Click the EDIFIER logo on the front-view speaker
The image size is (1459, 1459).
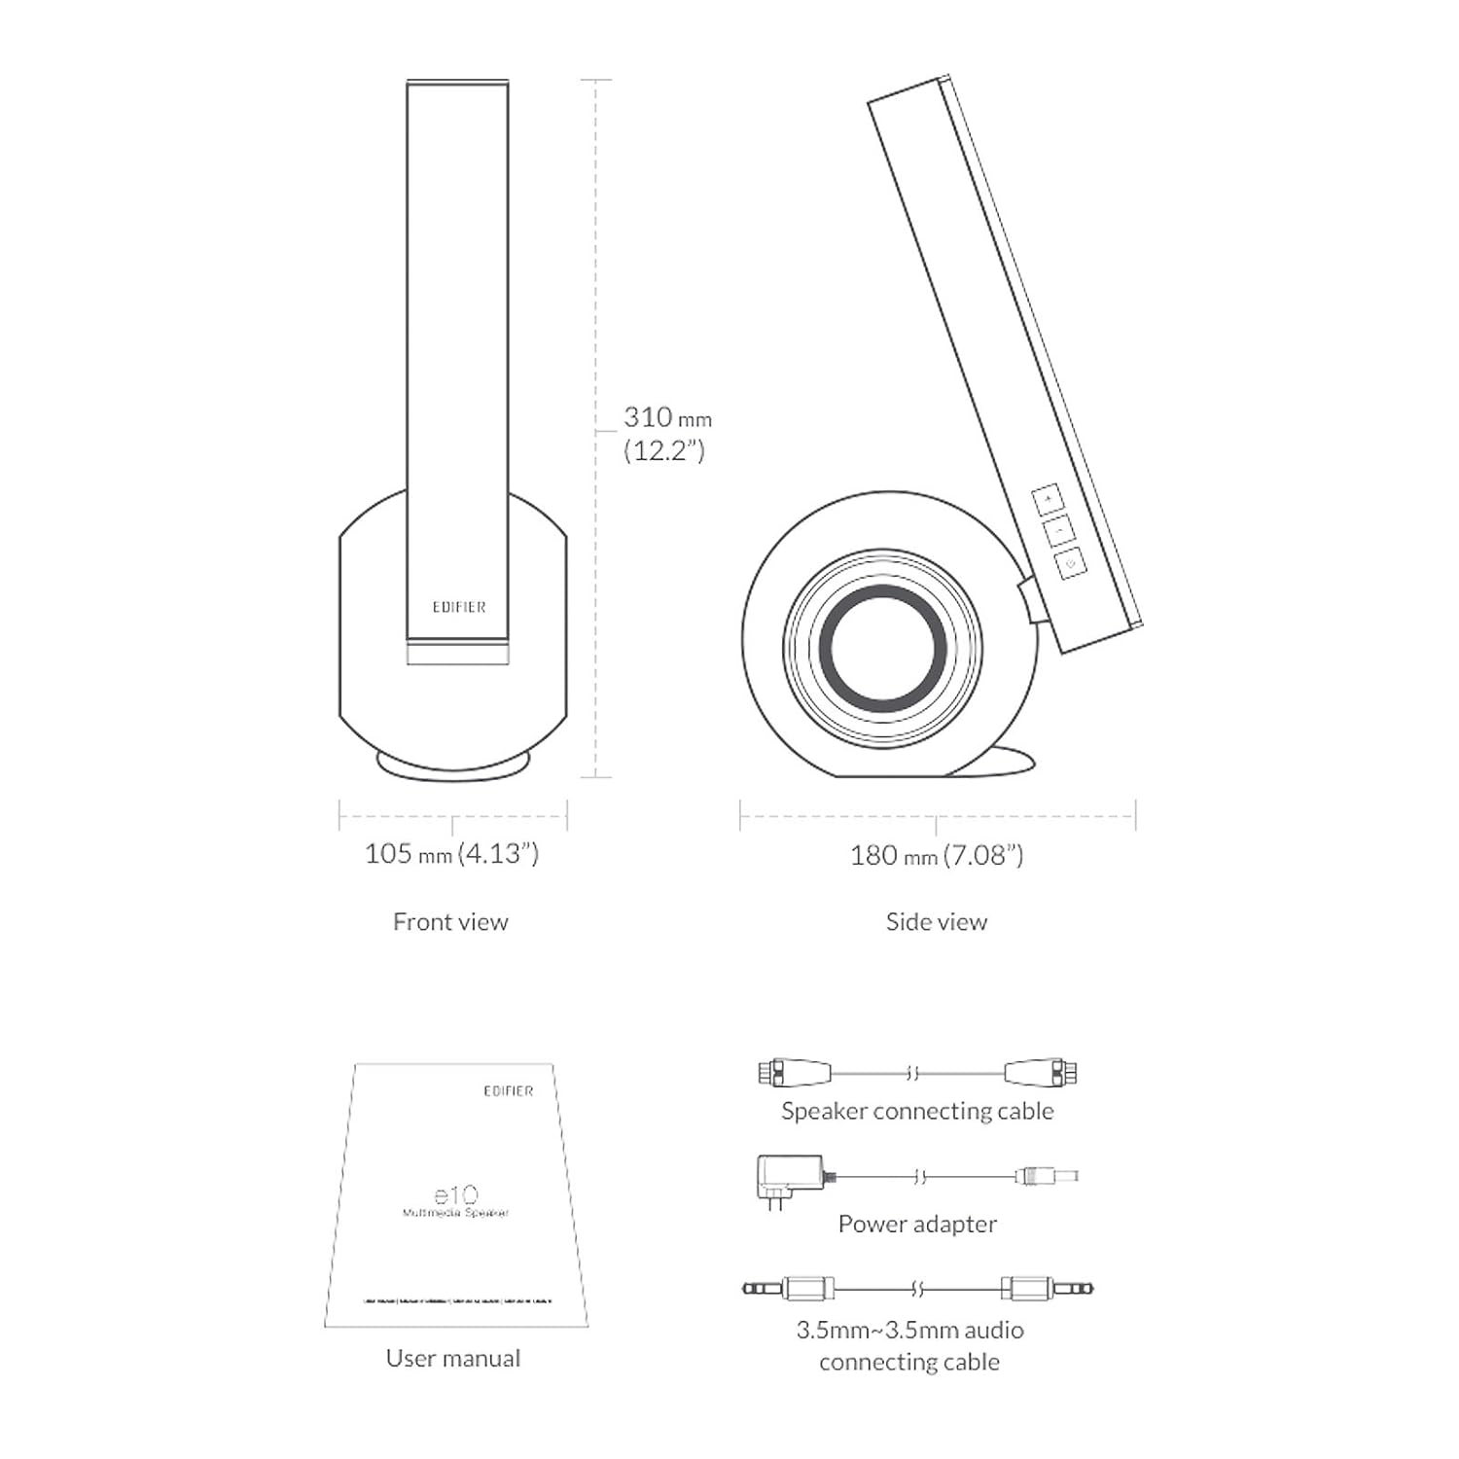458,607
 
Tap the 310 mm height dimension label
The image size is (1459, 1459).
667,418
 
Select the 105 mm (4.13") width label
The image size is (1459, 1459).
451,854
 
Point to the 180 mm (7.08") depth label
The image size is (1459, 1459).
936,856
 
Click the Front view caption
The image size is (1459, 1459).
450,922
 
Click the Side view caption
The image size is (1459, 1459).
936,922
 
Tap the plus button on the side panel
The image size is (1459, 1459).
1048,499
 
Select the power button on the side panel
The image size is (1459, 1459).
1070,563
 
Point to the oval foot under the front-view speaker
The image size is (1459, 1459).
453,765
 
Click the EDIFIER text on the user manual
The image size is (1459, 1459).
508,1091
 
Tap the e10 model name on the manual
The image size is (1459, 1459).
455,1195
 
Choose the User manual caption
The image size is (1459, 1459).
452,1359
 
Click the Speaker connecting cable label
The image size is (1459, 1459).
917,1111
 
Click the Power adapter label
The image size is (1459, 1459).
917,1225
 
